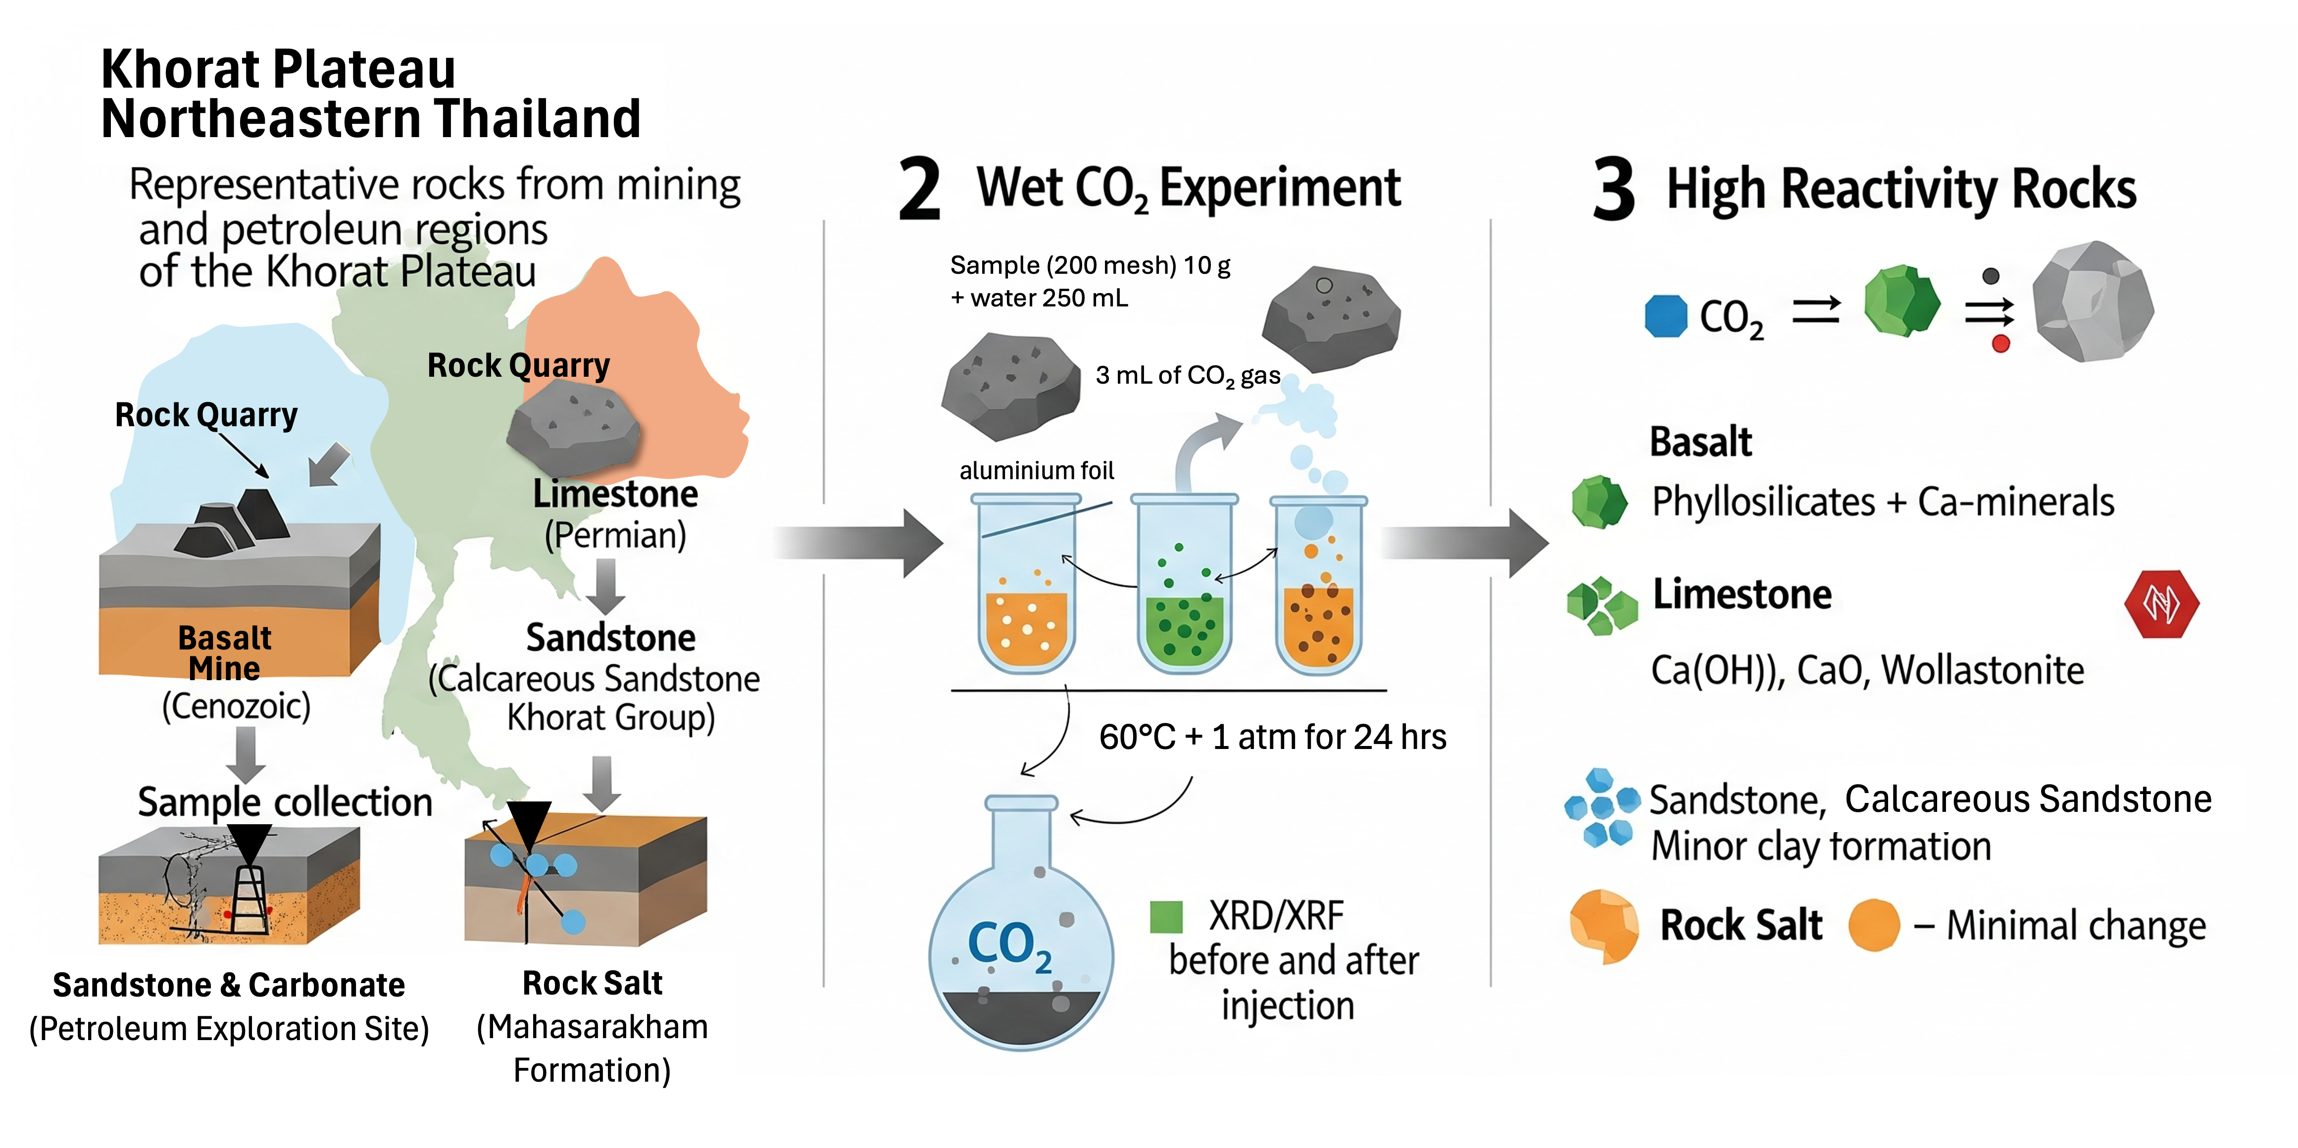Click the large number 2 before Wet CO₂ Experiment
coord(920,189)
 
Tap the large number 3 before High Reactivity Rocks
coord(1614,189)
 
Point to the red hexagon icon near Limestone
coord(2161,604)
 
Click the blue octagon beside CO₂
coord(1665,316)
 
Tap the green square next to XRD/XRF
coord(1166,916)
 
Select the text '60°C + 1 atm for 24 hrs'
coord(1272,737)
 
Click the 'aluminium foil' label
coord(1037,470)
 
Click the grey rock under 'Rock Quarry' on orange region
coord(574,428)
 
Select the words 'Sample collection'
coord(285,802)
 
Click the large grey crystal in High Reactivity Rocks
coord(2092,301)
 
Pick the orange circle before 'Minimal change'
coord(1873,925)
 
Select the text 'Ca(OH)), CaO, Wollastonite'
coord(1867,670)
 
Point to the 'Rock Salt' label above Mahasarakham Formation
coord(593,983)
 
